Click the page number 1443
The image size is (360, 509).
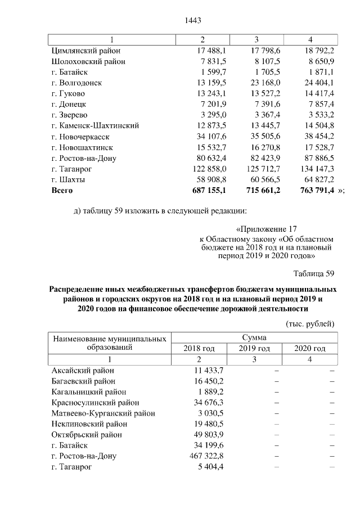pyautogui.click(x=193, y=21)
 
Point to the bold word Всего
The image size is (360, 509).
pyautogui.click(x=63, y=191)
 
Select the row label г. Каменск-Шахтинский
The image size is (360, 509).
pyautogui.click(x=94, y=126)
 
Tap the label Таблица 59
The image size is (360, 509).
pyautogui.click(x=314, y=274)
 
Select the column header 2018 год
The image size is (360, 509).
pyautogui.click(x=199, y=349)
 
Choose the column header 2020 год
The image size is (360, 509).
pyautogui.click(x=310, y=349)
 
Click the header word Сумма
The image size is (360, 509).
pyautogui.click(x=254, y=337)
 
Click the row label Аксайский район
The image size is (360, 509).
pyautogui.click(x=83, y=371)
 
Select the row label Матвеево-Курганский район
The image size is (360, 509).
pyautogui.click(x=103, y=413)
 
